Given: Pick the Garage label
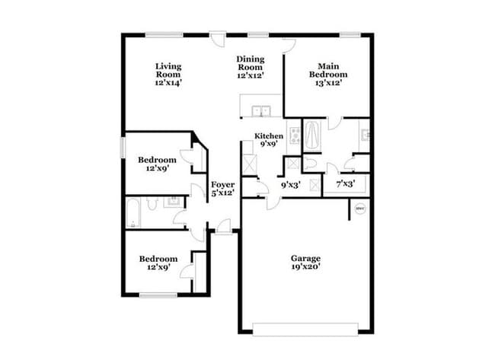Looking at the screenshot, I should click(x=306, y=258).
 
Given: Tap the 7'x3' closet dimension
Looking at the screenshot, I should click(x=346, y=184).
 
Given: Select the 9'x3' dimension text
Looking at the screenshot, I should click(x=290, y=184).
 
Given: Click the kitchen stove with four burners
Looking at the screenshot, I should click(x=294, y=133).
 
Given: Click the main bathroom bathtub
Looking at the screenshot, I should click(x=312, y=137).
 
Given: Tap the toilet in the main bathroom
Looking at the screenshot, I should click(x=310, y=163).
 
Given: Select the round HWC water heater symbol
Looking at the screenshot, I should click(x=360, y=209).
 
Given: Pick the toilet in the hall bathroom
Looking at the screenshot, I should click(x=152, y=204).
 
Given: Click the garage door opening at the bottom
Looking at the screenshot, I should click(x=305, y=329).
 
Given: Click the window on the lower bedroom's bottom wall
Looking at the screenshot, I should click(x=158, y=295).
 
